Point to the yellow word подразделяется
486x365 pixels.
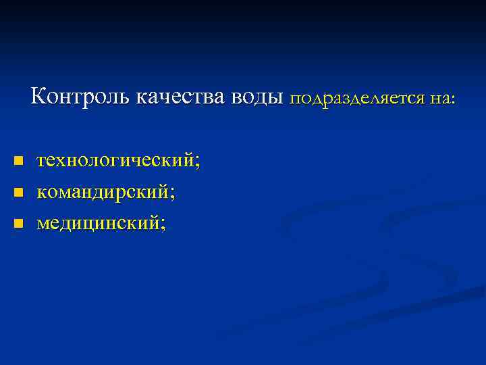pos(357,99)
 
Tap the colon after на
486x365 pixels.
pos(454,100)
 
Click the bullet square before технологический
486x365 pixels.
pos(19,162)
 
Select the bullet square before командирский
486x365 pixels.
pos(19,193)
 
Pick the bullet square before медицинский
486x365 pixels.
pos(19,222)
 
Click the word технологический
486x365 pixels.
pos(118,162)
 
